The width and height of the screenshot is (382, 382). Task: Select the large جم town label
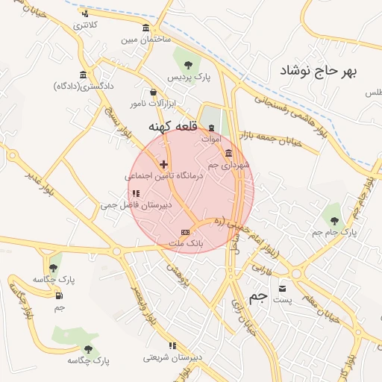pos(257,297)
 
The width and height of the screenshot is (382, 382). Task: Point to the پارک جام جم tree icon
pos(334,220)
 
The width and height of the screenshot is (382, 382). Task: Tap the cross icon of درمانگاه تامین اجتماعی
pos(164,163)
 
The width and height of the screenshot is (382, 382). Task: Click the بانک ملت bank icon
pos(186,233)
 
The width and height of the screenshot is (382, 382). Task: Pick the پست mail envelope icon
pos(282,288)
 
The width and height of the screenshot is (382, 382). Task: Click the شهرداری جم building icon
pos(228,152)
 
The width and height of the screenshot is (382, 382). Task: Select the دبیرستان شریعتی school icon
pos(173,345)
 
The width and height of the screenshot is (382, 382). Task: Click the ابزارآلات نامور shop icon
pos(154,93)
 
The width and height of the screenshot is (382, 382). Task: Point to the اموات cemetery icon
pos(210,127)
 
